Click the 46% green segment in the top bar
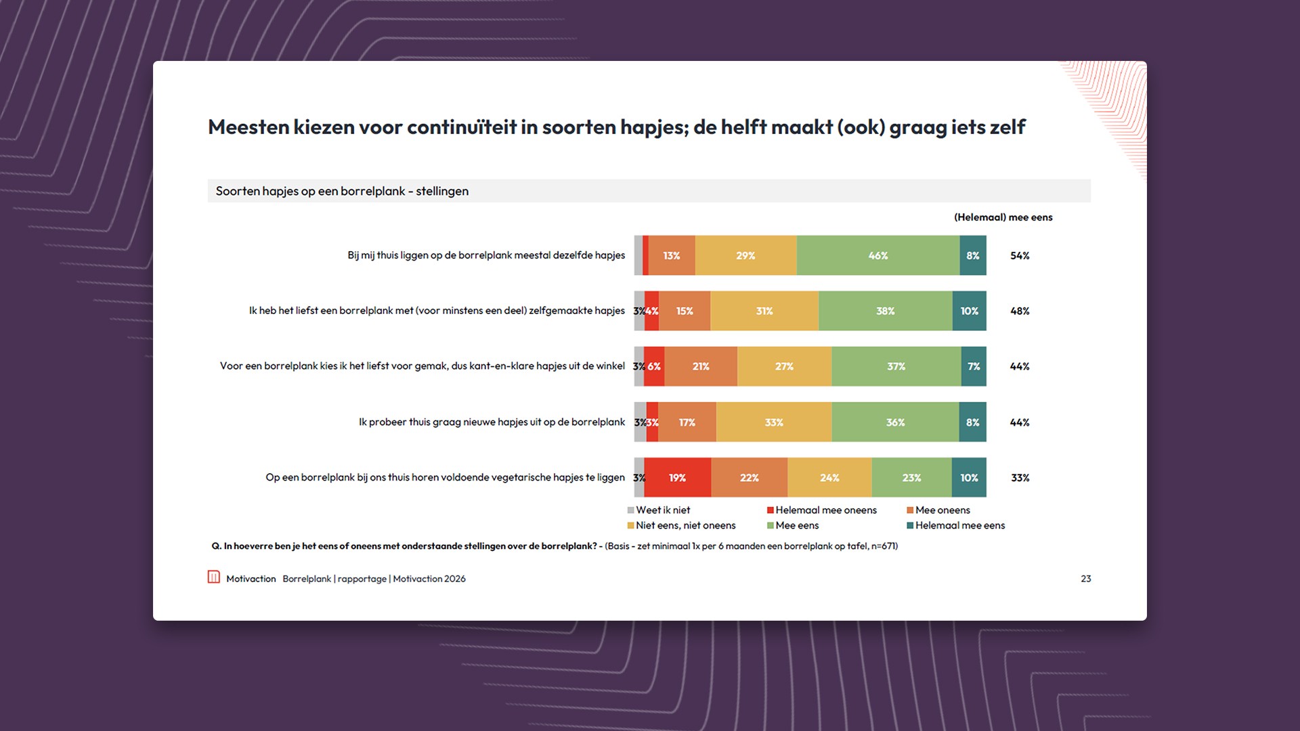877,255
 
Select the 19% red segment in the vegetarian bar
677,477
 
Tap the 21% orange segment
701,366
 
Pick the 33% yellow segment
774,422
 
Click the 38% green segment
885,311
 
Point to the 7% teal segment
974,366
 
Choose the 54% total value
1020,255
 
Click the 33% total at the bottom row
1020,477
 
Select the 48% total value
1020,311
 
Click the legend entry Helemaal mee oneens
825,510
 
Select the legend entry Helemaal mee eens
959,525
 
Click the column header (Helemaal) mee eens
1003,217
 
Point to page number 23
1085,579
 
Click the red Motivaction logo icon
214,577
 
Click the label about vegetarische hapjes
445,477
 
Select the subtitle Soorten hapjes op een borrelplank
342,191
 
